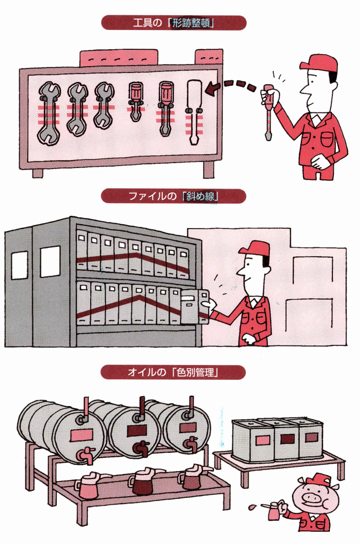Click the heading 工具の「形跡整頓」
click(x=174, y=24)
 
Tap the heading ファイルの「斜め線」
click(x=174, y=197)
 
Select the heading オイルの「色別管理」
click(x=173, y=372)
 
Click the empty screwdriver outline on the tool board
click(x=194, y=113)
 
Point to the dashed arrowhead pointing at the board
click(x=212, y=89)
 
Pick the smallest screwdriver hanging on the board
click(x=135, y=101)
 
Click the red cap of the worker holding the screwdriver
click(x=319, y=63)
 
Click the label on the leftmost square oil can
click(x=262, y=441)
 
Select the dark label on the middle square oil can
click(x=288, y=439)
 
